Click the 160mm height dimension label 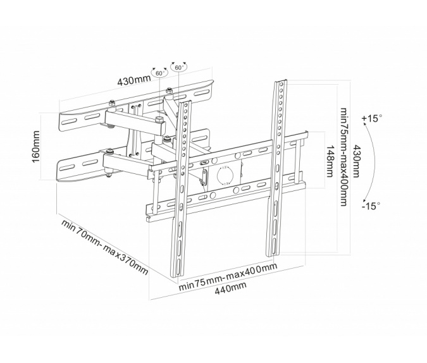pos(36,147)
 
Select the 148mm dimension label pos(330,160)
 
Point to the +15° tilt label pos(373,118)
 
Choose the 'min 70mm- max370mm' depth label pos(104,247)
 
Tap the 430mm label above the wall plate pos(134,80)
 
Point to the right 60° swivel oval pos(178,67)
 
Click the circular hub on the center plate pos(226,175)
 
